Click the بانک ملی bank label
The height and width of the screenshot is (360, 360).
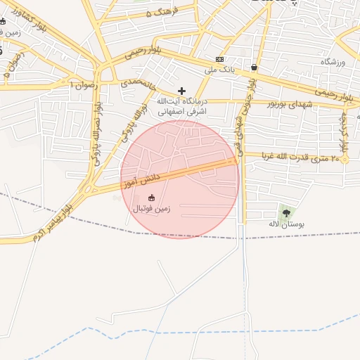(x=219, y=70)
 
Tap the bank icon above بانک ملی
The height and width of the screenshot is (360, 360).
(x=220, y=59)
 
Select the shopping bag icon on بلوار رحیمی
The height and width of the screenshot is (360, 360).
(x=253, y=67)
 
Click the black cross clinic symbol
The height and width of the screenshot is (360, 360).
(x=182, y=90)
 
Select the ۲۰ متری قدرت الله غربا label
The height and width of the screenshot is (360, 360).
(x=300, y=157)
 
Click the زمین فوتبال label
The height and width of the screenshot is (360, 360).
(x=151, y=209)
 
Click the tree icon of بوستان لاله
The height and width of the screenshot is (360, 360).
(x=285, y=212)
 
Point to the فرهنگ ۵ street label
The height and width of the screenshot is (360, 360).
(x=162, y=12)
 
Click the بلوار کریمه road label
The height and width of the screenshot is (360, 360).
(x=345, y=134)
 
